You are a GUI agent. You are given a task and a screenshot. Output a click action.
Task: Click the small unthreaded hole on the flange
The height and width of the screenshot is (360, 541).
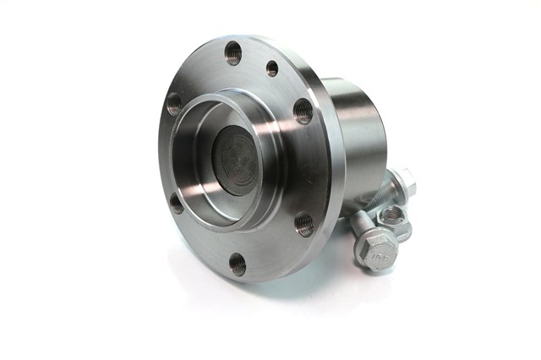coord(272,68)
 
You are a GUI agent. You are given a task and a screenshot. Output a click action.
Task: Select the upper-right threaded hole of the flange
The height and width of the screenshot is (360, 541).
coord(303,111)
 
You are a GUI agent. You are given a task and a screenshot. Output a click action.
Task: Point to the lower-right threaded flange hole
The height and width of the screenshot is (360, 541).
coord(305,224)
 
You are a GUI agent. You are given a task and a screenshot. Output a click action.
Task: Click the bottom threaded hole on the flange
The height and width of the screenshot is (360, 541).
coord(238,265)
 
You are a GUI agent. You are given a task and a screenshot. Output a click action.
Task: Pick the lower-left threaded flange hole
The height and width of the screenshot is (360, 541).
coord(176,203)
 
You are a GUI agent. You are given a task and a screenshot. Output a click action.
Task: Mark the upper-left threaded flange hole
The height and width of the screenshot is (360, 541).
coord(174,105)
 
